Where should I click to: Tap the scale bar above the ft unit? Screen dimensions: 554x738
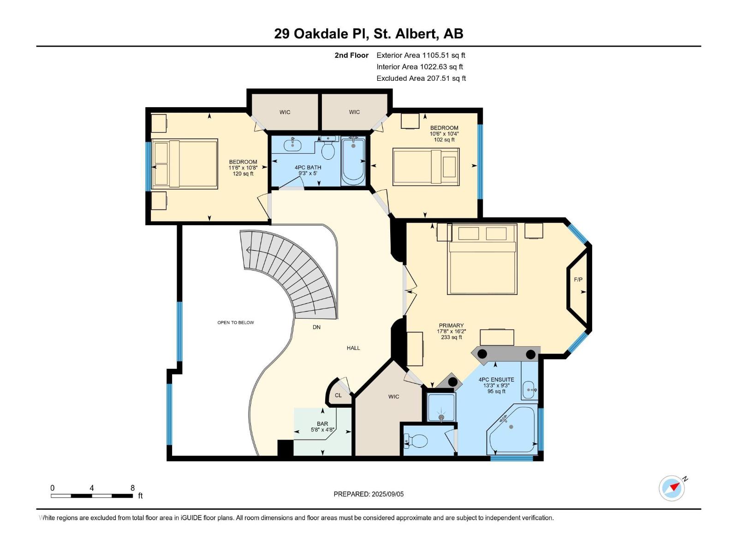click(92, 496)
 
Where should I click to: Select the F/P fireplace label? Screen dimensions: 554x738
click(578, 280)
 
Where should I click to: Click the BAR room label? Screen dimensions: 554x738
click(322, 424)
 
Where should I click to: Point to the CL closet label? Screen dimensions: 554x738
click(338, 396)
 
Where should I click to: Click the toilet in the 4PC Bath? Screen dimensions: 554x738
click(328, 150)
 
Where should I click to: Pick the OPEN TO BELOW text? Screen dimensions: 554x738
click(236, 323)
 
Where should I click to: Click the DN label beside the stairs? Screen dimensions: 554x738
click(316, 327)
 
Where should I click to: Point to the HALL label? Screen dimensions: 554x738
click(353, 348)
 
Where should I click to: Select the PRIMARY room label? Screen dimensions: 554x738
click(451, 325)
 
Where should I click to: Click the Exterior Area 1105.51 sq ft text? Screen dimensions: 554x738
click(421, 55)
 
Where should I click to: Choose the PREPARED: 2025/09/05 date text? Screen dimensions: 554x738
click(369, 494)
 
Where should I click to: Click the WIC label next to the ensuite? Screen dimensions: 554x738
click(393, 397)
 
